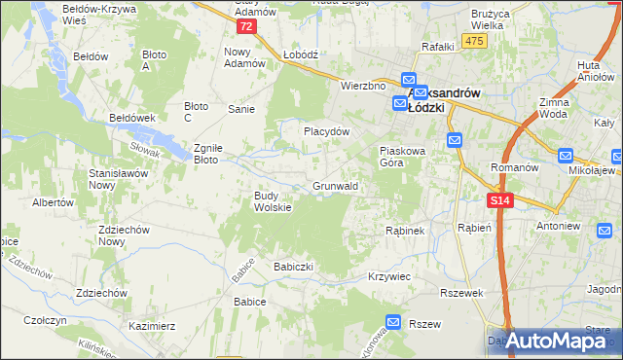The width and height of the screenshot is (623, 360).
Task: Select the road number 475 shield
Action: pyautogui.click(x=475, y=40)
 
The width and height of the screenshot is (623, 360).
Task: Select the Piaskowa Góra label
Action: pyautogui.click(x=402, y=158)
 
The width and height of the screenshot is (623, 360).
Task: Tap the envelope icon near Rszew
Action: pyautogui.click(x=393, y=322)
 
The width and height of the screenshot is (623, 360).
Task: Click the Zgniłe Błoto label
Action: pyautogui.click(x=210, y=153)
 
